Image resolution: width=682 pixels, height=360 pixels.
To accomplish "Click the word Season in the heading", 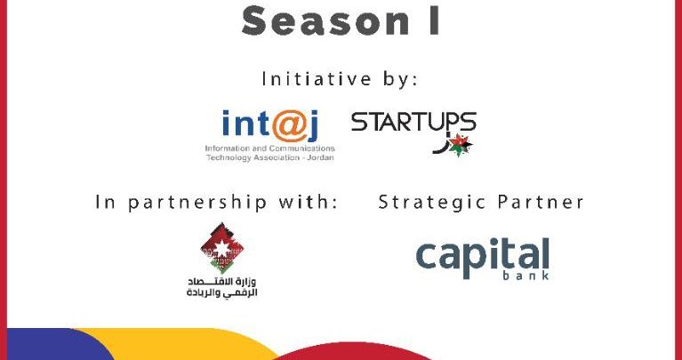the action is (x=325, y=21).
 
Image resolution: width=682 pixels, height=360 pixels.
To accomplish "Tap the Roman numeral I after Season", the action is (x=434, y=21).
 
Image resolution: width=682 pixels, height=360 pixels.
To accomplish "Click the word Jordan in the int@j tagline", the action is (x=321, y=157).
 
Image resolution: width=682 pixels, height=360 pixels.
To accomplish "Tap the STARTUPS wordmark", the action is (x=413, y=122).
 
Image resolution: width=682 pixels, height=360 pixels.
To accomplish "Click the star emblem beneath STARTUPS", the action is (x=460, y=145).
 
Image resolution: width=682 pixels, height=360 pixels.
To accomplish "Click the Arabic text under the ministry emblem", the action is (x=221, y=287).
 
